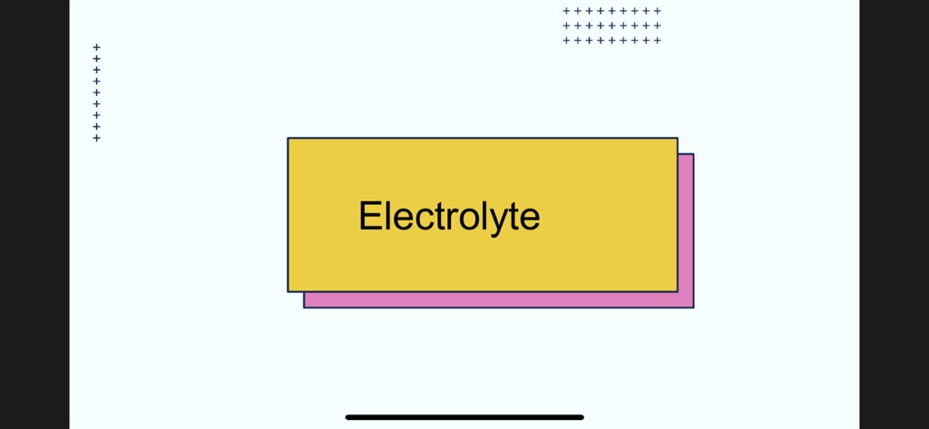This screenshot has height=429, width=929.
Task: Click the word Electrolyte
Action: [x=449, y=217]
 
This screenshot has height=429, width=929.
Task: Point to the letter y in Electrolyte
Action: [x=501, y=220]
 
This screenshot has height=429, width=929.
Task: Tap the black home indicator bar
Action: [x=464, y=417]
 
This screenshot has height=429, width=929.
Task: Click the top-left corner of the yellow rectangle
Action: [x=288, y=139]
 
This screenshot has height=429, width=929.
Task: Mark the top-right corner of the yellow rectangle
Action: [x=677, y=139]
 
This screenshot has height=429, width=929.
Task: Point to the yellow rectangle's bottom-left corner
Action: [x=288, y=291]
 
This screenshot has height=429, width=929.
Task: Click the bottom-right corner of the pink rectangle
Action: [x=693, y=307]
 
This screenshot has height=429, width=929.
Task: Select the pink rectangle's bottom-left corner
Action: [x=304, y=307]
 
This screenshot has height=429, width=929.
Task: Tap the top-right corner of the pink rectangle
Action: [x=693, y=154]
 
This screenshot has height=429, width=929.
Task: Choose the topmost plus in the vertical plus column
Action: [x=97, y=47]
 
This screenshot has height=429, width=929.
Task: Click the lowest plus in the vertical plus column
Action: [x=97, y=138]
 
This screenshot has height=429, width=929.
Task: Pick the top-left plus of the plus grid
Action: [x=566, y=11]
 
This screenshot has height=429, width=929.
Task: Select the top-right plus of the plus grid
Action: [x=658, y=11]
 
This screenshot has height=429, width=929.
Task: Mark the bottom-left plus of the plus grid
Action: [x=566, y=40]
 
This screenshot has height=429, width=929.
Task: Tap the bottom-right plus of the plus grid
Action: [x=658, y=40]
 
